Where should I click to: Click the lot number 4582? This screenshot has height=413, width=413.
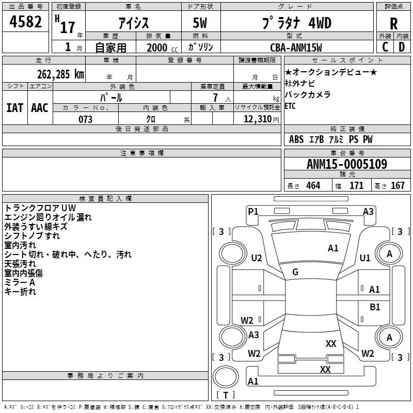pos(26,23)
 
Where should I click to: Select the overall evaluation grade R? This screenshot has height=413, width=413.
pos(394,24)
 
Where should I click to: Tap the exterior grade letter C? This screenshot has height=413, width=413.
pos(385,46)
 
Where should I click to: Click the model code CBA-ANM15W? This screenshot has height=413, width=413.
pos(296,47)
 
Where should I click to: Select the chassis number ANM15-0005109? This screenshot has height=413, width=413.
pos(346,164)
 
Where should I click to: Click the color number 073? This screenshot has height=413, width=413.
pos(85,119)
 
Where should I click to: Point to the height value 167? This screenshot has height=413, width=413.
pos(398,186)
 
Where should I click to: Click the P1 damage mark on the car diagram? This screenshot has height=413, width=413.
pos(253,211)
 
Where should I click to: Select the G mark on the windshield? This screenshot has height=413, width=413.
pos(295,272)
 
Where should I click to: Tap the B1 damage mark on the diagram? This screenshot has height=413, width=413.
pos(375,307)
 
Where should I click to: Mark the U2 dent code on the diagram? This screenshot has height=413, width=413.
pos(257,258)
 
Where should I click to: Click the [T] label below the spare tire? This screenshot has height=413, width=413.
pos(226,395)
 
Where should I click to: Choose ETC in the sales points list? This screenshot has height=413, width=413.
pos(291,106)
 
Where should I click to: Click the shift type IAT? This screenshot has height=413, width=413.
pos(14,108)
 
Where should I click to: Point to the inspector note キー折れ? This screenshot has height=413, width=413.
pos(21,292)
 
